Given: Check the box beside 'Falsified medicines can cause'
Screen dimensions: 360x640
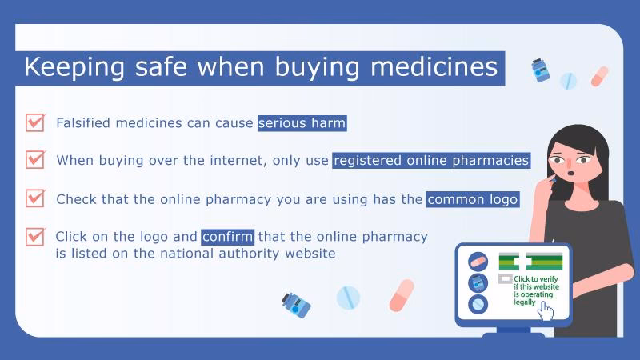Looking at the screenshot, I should point(35,122).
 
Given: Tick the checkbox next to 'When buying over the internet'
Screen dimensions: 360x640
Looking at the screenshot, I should point(35,159).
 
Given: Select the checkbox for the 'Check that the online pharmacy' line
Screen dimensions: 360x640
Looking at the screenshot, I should point(35,198).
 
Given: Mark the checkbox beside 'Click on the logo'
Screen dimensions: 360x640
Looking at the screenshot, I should point(35,237).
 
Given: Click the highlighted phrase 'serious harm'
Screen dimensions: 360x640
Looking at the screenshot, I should point(302,123).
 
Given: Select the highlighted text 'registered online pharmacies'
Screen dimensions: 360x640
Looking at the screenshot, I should point(431,160).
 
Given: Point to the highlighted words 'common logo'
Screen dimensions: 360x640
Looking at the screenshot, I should point(473,199).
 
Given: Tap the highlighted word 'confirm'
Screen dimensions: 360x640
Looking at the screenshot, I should point(228,237).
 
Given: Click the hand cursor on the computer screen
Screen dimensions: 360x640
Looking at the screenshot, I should point(547,310).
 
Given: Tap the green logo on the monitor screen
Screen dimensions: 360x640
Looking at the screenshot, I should point(530,262).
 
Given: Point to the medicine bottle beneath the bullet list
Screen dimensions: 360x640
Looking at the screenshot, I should point(295,304).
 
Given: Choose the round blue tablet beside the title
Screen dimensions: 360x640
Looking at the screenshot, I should point(568,81).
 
